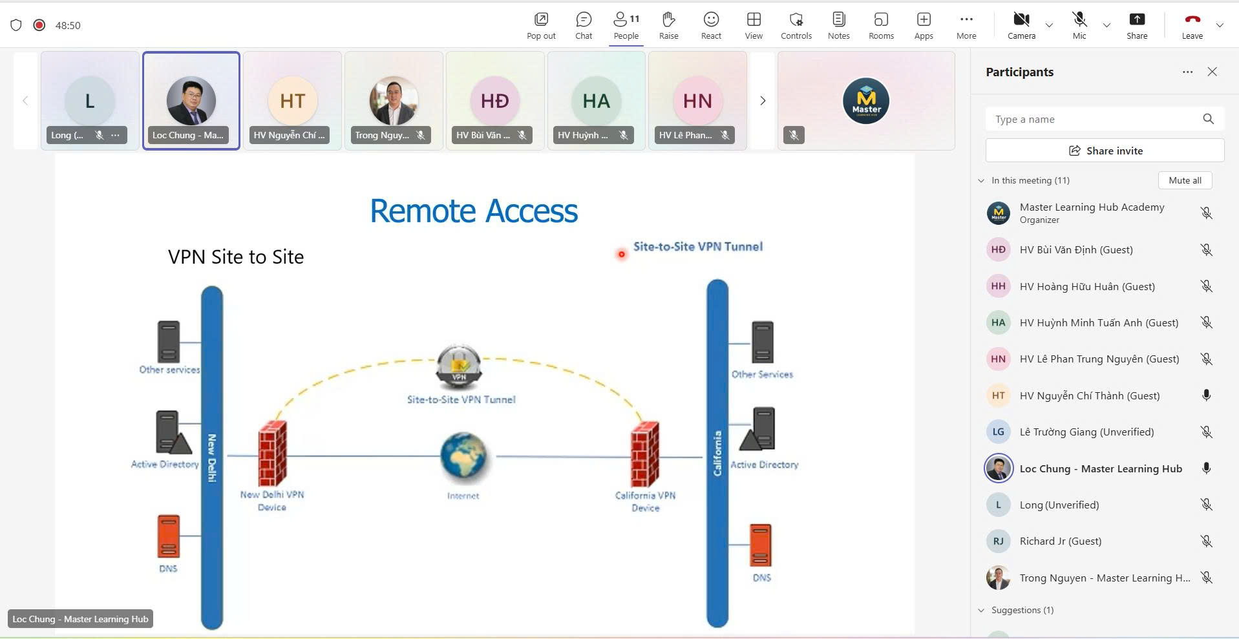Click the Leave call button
pos(1192,25)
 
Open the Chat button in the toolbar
pos(584,25)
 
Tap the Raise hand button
pos(668,25)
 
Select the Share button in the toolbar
pos(1136,25)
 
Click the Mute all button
pos(1185,180)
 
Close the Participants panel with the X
pos(1212,72)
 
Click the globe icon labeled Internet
pos(463,457)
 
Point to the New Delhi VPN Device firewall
pos(272,454)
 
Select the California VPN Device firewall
pos(644,454)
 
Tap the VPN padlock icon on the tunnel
pos(459,366)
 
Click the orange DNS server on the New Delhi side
pos(169,536)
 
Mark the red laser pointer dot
pos(622,255)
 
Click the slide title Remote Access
pos(474,211)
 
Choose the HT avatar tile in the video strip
pos(292,101)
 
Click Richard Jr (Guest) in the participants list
pos(1060,541)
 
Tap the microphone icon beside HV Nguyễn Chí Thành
pos(1206,395)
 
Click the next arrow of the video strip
pos(763,101)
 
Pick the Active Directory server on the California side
pos(759,430)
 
